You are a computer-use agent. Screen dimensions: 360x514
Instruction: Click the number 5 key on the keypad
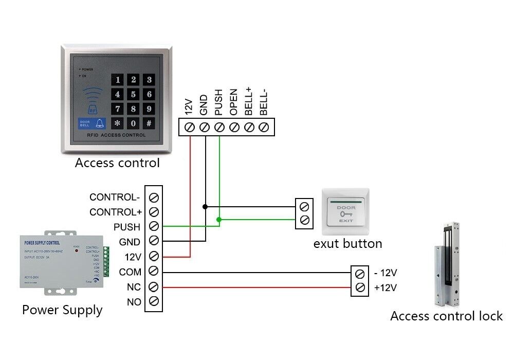coord(134,94)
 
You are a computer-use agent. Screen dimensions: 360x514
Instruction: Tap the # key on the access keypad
coord(149,123)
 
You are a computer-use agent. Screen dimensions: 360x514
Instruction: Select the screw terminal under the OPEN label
coord(234,127)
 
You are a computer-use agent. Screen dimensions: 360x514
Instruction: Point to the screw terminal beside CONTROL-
coord(153,197)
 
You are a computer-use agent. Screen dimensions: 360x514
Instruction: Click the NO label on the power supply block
coord(134,302)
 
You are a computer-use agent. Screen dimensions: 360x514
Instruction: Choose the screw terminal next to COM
coord(153,272)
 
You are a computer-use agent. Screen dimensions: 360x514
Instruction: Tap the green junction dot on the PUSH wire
coord(219,220)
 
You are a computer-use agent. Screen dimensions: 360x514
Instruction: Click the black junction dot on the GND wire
coord(205,206)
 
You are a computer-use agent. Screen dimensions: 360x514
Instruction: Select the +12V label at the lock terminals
coord(385,287)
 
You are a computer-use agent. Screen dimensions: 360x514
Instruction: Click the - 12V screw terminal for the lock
coord(360,273)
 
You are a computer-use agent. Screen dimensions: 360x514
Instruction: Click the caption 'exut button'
coord(347,243)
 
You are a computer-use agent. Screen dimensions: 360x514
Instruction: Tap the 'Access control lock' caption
coord(446,316)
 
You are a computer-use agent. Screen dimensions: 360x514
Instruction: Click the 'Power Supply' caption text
coord(62,310)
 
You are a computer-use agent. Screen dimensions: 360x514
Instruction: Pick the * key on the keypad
coord(118,123)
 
